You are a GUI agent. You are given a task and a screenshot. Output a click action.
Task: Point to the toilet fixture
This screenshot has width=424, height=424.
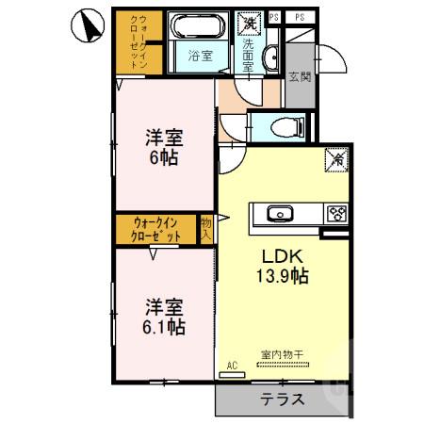click(x=283, y=127)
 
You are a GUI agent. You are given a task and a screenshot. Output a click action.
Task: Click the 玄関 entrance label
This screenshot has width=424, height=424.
click(x=300, y=76)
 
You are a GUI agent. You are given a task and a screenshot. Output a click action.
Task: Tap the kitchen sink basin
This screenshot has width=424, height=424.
click(x=281, y=213)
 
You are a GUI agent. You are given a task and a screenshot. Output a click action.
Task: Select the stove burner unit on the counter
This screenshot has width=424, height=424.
click(x=336, y=213)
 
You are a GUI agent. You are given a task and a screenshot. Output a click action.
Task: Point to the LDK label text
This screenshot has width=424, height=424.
click(x=280, y=254)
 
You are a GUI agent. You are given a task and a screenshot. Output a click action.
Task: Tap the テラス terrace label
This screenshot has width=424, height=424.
click(x=283, y=399)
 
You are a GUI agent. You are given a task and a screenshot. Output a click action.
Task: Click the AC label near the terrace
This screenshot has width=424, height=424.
click(x=232, y=364)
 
